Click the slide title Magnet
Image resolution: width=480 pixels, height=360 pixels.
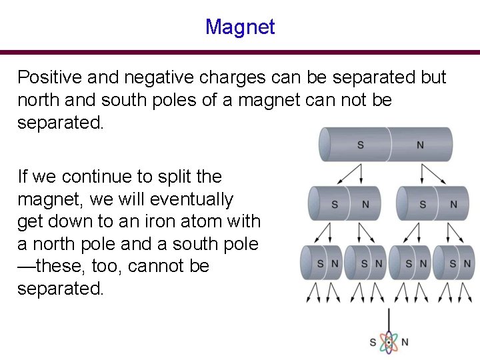(x=240, y=27)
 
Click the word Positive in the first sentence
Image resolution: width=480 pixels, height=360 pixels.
(x=45, y=77)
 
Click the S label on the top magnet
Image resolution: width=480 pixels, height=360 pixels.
(x=361, y=145)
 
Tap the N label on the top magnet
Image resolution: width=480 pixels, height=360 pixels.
(x=420, y=145)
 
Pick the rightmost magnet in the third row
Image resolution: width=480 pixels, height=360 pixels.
(x=453, y=263)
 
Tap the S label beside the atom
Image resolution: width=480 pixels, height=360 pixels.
(x=373, y=343)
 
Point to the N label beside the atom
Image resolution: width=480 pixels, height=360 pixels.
(x=405, y=343)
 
